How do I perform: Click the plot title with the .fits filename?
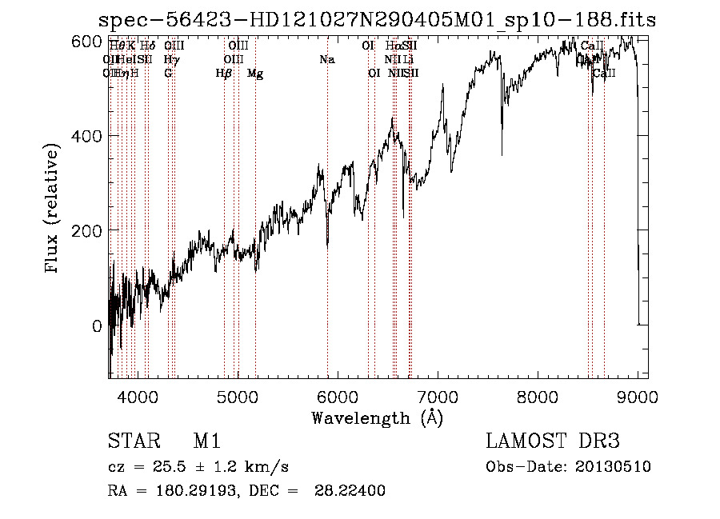[x=377, y=21]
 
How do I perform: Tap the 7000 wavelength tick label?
[x=438, y=396]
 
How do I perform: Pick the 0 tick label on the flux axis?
[x=98, y=325]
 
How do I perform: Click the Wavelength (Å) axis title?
[x=377, y=417]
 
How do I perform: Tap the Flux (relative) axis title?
[x=54, y=210]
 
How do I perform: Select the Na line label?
[x=326, y=60]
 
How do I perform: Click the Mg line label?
[x=255, y=74]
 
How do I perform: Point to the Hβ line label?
[x=224, y=74]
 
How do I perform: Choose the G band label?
[x=168, y=74]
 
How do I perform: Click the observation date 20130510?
[x=616, y=467]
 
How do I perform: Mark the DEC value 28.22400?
[x=355, y=491]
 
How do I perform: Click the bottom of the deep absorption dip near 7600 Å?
[x=502, y=154]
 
